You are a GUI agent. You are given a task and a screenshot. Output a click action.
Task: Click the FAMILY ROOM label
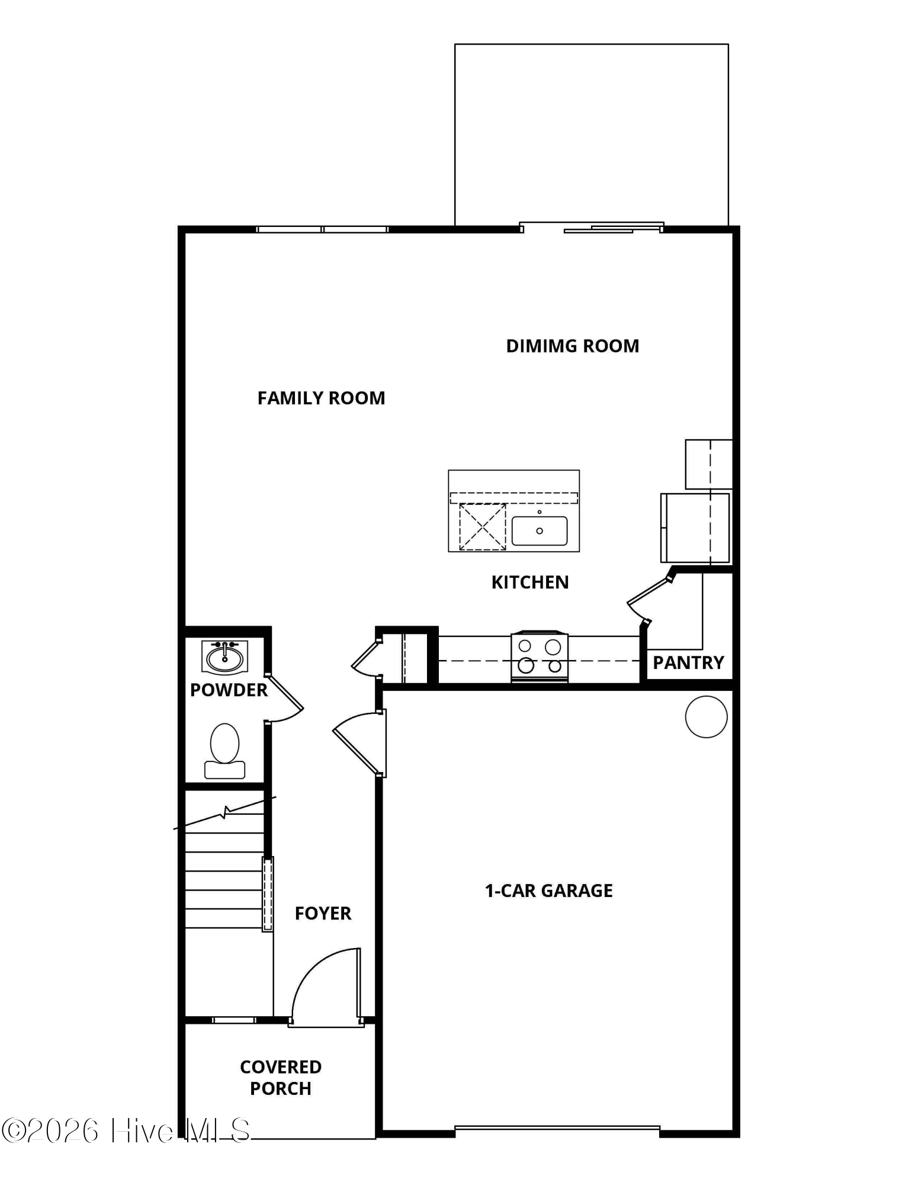pyautogui.click(x=321, y=398)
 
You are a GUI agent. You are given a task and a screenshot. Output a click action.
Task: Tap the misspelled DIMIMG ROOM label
pyautogui.click(x=572, y=346)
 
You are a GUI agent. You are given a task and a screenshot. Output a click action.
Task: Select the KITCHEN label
pyautogui.click(x=529, y=582)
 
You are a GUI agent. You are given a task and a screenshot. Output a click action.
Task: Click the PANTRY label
pyautogui.click(x=688, y=662)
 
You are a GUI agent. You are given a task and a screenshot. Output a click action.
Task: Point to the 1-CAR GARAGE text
pyautogui.click(x=548, y=891)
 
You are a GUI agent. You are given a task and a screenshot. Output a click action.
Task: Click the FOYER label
pyautogui.click(x=323, y=913)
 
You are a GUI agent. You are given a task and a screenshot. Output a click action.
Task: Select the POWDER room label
pyautogui.click(x=229, y=690)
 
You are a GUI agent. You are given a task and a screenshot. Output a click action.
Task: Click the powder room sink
pyautogui.click(x=224, y=657)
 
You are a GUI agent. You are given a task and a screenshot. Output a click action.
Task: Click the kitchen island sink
pyautogui.click(x=539, y=530)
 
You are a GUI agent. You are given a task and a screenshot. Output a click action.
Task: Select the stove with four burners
pyautogui.click(x=539, y=656)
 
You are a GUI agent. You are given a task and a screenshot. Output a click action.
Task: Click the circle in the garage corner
pyautogui.click(x=706, y=716)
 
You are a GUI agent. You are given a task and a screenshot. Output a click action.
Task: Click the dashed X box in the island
pyautogui.click(x=482, y=527)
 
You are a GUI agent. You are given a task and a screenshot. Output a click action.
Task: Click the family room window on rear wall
pyautogui.click(x=322, y=229)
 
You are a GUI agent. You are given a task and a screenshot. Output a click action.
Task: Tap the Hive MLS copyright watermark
pyautogui.click(x=126, y=1131)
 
